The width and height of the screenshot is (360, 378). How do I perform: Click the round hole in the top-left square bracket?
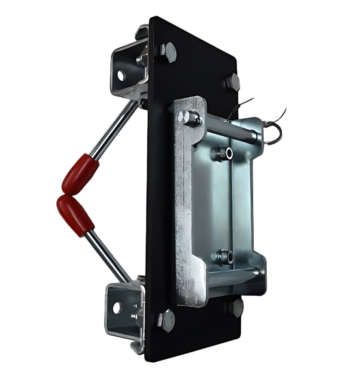[121, 75]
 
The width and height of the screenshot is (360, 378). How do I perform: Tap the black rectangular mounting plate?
[159, 189]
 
